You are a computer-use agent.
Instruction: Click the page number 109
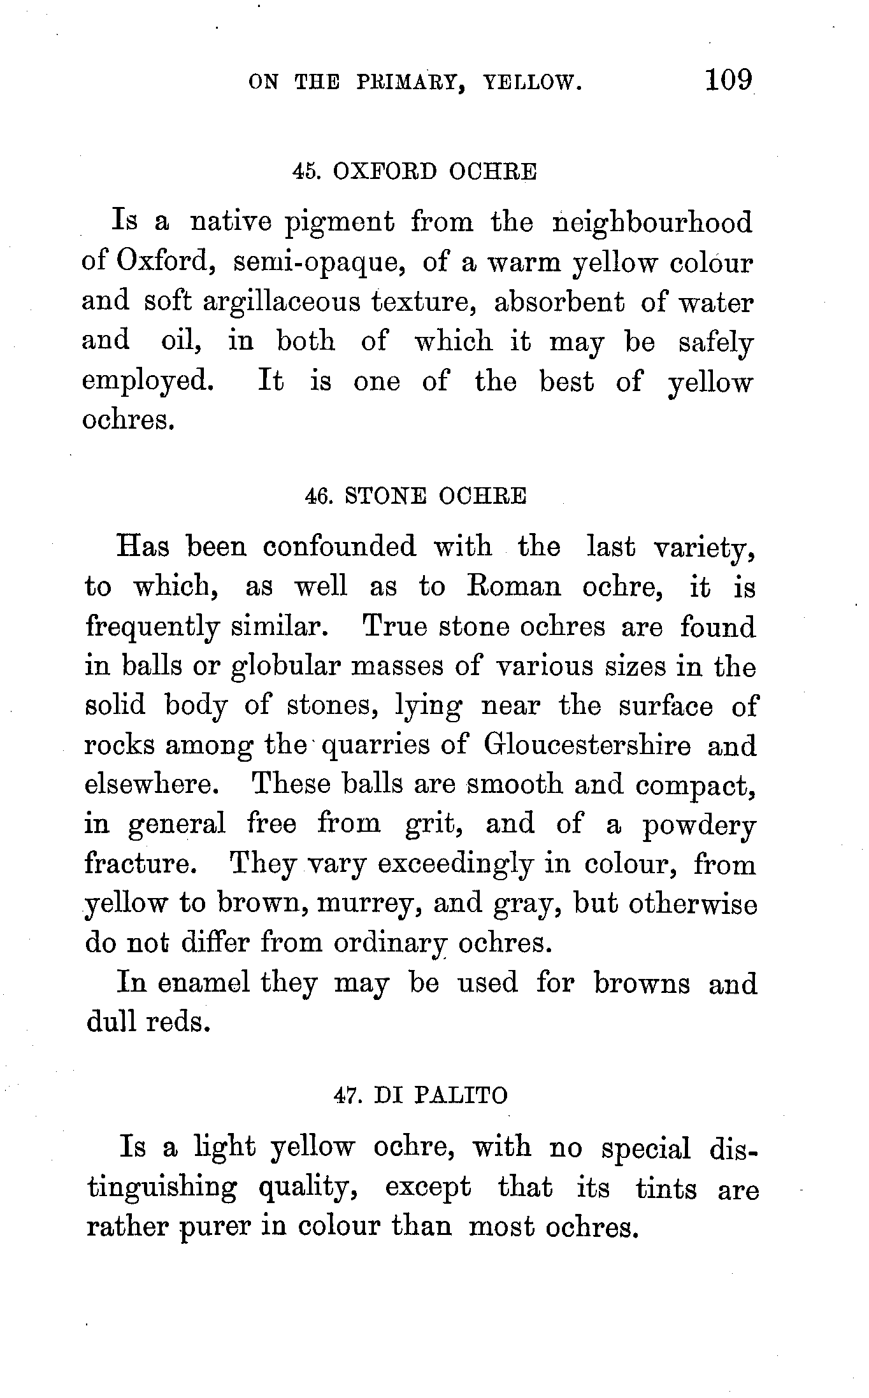(x=728, y=81)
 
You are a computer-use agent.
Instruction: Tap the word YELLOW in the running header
(x=533, y=83)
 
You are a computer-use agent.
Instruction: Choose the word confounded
(x=339, y=547)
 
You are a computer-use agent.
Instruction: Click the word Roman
(x=514, y=587)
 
